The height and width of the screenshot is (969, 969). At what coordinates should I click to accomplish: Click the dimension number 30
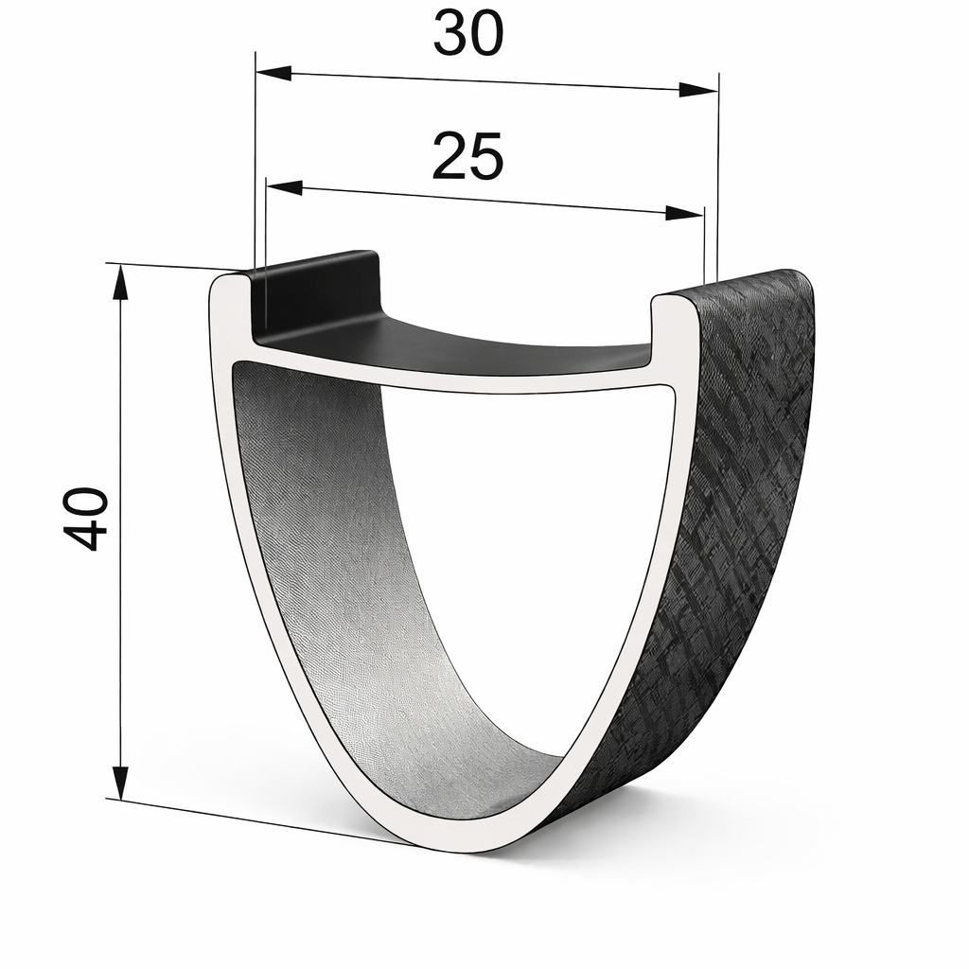(468, 34)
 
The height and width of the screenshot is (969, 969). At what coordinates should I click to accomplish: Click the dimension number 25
(467, 156)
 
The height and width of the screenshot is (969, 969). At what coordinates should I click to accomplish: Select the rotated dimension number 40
(85, 518)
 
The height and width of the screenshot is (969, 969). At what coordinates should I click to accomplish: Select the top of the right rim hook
(674, 300)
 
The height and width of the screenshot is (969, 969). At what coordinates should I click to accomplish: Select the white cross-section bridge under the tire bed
(454, 379)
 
